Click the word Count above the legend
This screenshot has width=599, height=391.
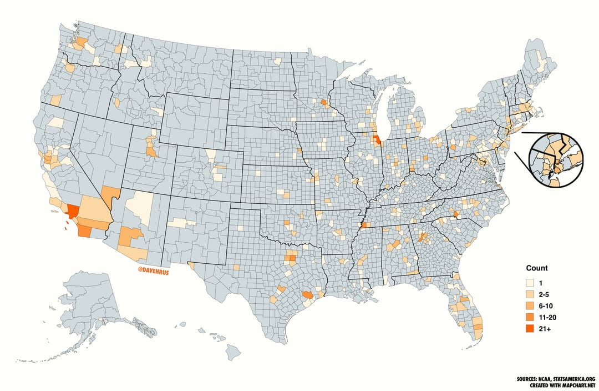537,268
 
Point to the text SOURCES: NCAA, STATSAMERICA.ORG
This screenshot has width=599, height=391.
555,379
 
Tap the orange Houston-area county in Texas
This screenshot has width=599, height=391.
307,295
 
